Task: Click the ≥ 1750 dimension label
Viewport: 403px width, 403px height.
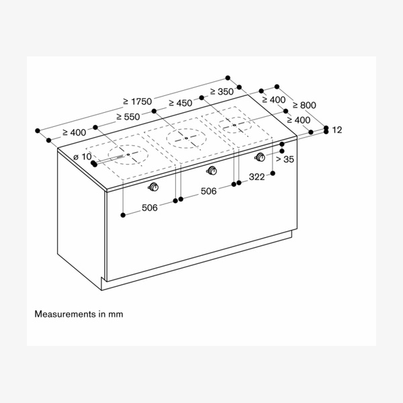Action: [138, 101]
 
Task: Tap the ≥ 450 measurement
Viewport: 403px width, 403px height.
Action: [180, 103]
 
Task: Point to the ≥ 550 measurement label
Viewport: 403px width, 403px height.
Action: [128, 116]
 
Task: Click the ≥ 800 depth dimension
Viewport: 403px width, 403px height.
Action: [302, 105]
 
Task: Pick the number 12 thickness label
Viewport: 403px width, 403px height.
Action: [337, 130]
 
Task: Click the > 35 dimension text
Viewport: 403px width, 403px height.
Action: [285, 159]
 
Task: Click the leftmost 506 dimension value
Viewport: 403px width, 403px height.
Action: [149, 208]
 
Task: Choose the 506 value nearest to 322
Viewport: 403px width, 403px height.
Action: [208, 191]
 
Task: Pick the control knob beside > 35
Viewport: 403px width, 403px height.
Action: [260, 157]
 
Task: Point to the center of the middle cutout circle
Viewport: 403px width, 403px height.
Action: [185, 140]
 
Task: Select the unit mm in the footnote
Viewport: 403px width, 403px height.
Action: [116, 314]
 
